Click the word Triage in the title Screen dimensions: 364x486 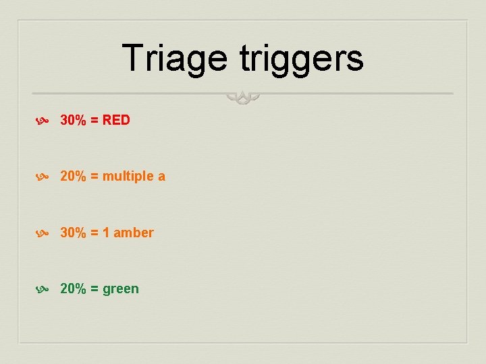[x=174, y=58]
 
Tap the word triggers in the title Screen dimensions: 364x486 [x=301, y=58]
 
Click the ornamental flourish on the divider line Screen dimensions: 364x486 [x=243, y=98]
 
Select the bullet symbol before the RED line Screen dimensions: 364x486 [x=41, y=121]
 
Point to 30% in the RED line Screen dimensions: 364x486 [x=72, y=120]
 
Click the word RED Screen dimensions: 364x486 [x=116, y=120]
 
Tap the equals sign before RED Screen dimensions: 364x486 [x=94, y=121]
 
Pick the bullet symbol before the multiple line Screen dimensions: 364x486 [x=41, y=177]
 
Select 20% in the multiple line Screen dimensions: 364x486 [x=72, y=176]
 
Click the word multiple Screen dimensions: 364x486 [x=128, y=177]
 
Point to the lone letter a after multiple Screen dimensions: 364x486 [x=161, y=177]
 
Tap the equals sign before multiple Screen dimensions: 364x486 [x=94, y=177]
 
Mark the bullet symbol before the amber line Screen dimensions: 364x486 [x=41, y=233]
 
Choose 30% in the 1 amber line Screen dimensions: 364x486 [x=72, y=233]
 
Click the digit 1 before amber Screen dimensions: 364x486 [x=106, y=233]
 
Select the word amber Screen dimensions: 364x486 [x=134, y=233]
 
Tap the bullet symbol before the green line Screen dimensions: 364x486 [x=41, y=289]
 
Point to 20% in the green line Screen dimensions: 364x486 [x=72, y=289]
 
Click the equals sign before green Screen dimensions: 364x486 [x=94, y=289]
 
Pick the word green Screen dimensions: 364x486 [x=121, y=290]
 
